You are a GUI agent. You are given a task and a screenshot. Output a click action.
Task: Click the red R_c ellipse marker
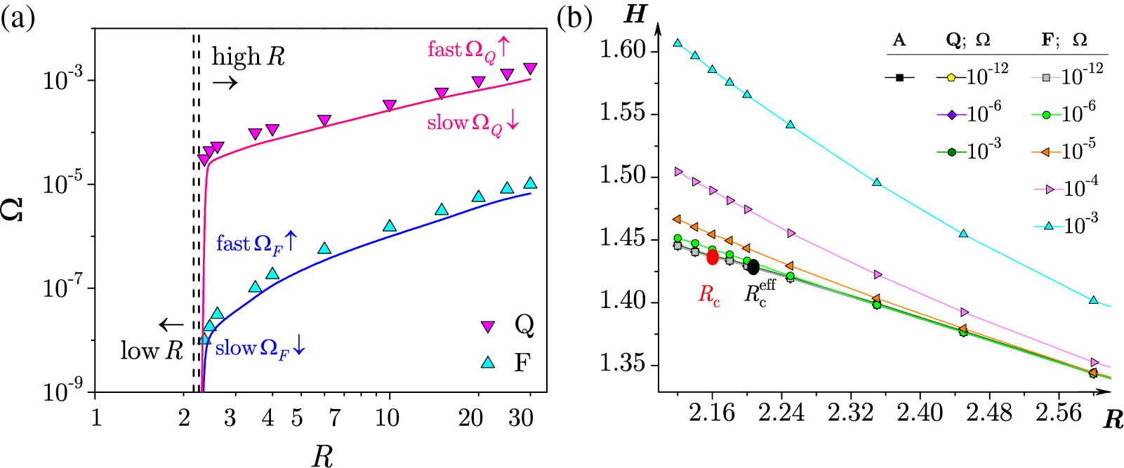click(x=713, y=257)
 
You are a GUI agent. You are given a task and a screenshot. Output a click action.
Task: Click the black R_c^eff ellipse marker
click(x=753, y=267)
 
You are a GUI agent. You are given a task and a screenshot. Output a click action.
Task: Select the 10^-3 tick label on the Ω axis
click(x=65, y=80)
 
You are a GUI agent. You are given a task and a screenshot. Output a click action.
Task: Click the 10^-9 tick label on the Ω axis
click(x=65, y=392)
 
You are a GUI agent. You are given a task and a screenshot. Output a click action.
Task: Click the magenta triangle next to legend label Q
click(x=487, y=326)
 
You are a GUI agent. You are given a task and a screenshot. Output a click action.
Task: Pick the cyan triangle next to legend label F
click(x=487, y=363)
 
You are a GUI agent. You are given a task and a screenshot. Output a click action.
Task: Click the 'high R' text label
click(x=249, y=57)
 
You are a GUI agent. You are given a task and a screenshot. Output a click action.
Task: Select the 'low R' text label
click(x=152, y=350)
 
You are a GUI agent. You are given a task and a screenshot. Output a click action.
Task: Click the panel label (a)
click(x=18, y=17)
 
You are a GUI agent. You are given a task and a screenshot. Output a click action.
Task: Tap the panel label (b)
click(x=574, y=17)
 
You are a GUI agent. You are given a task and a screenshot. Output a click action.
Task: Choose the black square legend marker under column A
click(x=899, y=77)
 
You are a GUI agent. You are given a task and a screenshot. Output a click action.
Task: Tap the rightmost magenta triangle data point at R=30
click(x=530, y=69)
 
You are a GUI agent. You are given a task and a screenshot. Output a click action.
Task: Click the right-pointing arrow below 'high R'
click(x=225, y=83)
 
